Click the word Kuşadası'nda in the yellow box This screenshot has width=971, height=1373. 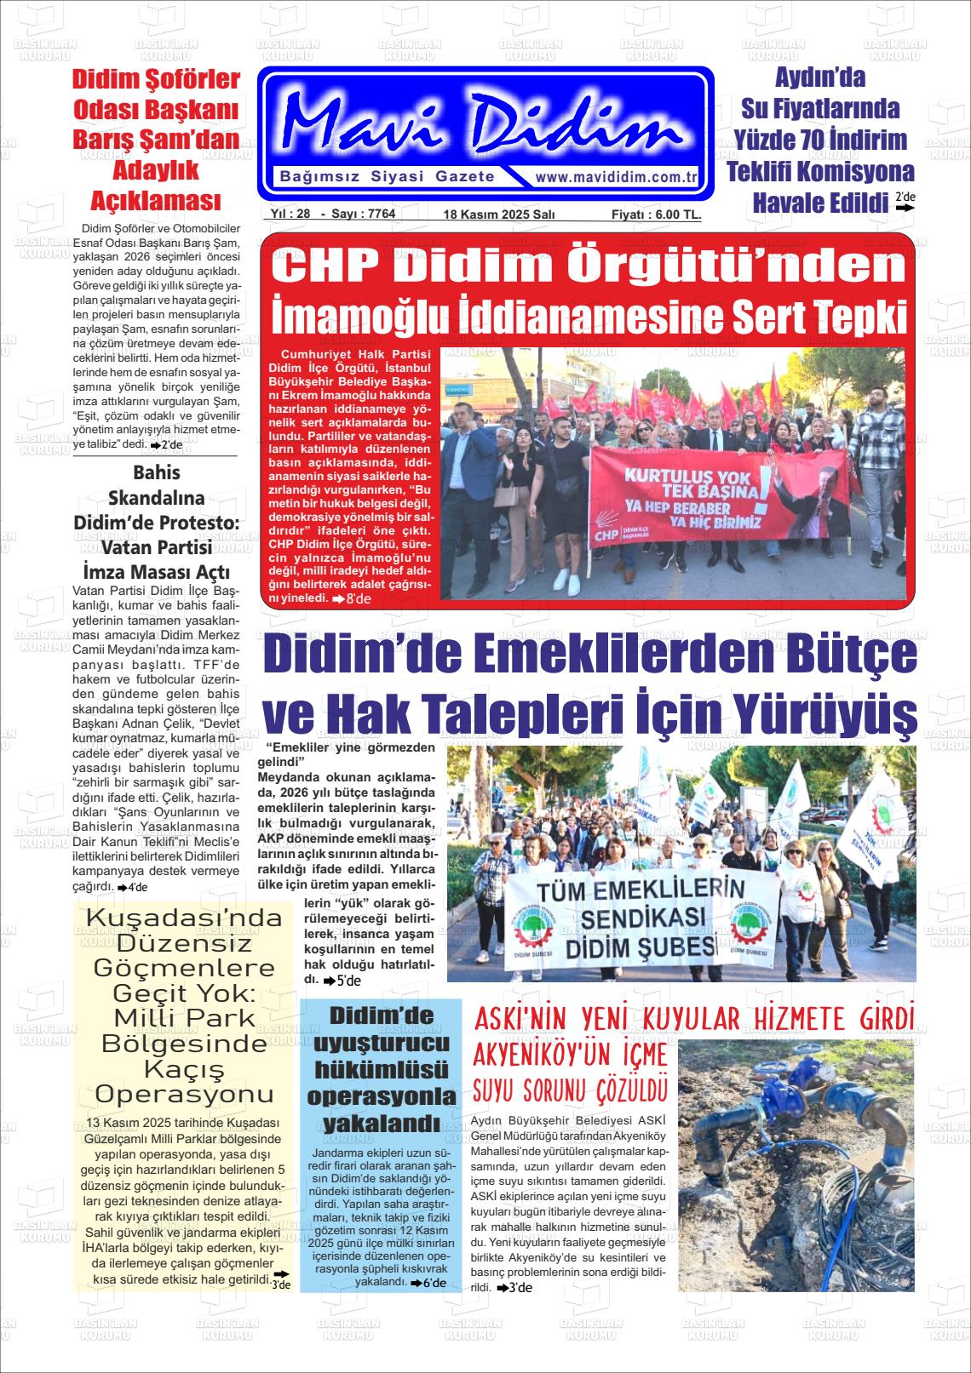(184, 919)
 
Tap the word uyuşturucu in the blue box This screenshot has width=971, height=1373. (381, 1044)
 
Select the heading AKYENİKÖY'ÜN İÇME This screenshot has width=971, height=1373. (571, 1055)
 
